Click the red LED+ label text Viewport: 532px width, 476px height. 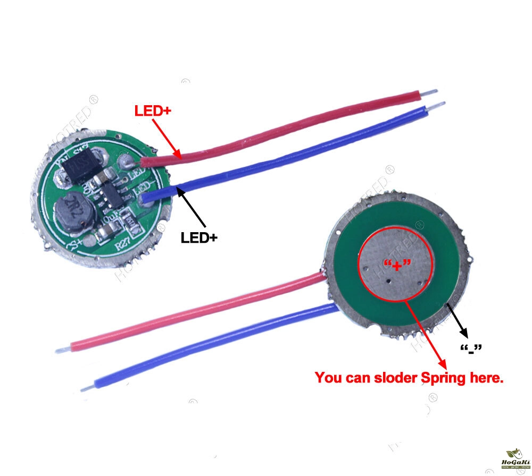(152, 112)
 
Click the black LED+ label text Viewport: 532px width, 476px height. (199, 237)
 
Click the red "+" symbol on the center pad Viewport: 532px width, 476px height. (396, 264)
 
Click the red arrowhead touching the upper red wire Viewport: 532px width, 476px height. (180, 156)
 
